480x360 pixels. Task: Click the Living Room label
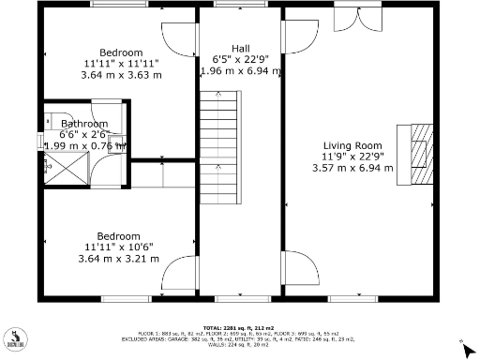coord(352,145)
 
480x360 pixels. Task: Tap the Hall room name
coord(242,47)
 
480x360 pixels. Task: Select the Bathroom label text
coord(84,124)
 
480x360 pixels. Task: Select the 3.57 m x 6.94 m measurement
coord(352,168)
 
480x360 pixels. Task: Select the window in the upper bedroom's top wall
coord(118,6)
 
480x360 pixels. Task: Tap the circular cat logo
coord(15,339)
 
